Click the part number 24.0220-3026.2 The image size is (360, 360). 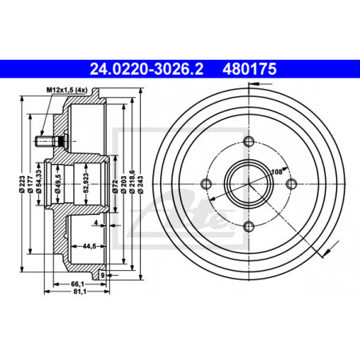[147, 69]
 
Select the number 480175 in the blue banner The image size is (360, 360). [249, 69]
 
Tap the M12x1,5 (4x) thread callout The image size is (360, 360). [67, 90]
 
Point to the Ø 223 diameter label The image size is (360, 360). [22, 184]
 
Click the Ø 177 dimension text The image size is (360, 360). [30, 184]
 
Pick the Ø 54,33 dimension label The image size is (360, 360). [39, 181]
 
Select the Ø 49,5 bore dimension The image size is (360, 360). [58, 184]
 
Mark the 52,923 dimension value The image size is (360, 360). [86, 182]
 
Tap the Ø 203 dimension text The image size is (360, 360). [123, 184]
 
